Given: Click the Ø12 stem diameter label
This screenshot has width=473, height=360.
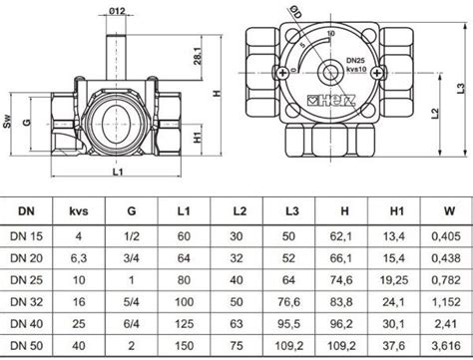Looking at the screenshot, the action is [x=117, y=11].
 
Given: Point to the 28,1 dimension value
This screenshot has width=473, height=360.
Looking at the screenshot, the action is [x=198, y=56].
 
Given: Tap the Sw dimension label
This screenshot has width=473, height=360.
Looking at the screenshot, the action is [x=7, y=122].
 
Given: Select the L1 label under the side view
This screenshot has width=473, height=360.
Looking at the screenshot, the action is [x=118, y=172].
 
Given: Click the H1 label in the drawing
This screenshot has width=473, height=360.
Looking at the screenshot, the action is [x=199, y=137].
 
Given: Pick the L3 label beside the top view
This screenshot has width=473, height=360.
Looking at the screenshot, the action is [x=460, y=88].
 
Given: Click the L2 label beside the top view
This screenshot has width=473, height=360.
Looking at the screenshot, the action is [x=435, y=114].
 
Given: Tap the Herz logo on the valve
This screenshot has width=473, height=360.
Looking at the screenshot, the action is [x=331, y=101].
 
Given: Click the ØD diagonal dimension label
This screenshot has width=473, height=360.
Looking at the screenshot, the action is [x=295, y=13].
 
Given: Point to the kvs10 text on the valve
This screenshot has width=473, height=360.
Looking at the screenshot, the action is [x=356, y=69].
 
